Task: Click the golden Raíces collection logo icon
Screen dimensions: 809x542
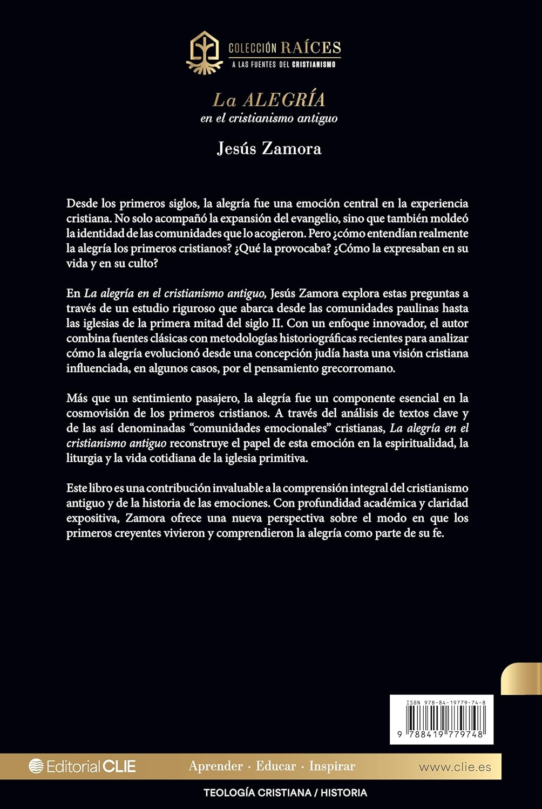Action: click(204, 52)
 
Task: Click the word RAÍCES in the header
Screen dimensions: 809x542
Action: click(310, 47)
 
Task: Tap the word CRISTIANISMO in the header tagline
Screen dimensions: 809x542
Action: click(314, 65)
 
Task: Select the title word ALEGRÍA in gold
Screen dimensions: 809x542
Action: click(284, 100)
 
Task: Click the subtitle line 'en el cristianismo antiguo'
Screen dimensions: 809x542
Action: click(269, 118)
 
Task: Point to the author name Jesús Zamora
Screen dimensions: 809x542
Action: click(269, 148)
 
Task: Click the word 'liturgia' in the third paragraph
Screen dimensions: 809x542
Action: click(84, 458)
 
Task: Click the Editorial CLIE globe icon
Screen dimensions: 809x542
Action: click(36, 766)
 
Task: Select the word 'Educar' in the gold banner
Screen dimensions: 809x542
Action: click(276, 766)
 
